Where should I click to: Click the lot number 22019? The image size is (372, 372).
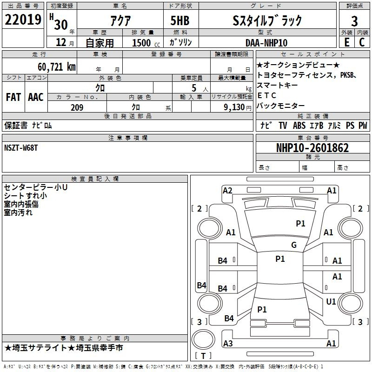tap(23, 20)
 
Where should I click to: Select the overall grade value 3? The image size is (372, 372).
tap(354, 21)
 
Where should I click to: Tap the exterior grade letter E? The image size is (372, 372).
tap(347, 42)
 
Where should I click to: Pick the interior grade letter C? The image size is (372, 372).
tap(362, 42)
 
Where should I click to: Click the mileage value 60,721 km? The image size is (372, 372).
tap(57, 67)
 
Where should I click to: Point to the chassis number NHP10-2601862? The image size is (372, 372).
tap(312, 148)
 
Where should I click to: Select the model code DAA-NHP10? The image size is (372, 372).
tap(266, 43)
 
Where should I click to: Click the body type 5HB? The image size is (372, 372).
tap(180, 20)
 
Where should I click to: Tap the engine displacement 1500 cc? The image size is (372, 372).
tap(146, 43)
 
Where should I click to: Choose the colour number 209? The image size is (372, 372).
tap(77, 107)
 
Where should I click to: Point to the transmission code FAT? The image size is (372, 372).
tap(13, 97)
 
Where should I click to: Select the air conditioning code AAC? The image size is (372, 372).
tap(36, 97)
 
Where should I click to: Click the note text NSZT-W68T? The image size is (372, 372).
tap(21, 148)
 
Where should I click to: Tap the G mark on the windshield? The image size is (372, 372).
tap(294, 245)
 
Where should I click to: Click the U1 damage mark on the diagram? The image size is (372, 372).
tap(331, 302)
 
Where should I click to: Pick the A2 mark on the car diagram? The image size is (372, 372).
tap(227, 191)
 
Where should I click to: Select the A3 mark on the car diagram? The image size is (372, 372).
tap(228, 343)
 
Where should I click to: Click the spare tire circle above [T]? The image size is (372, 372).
tap(203, 339)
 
